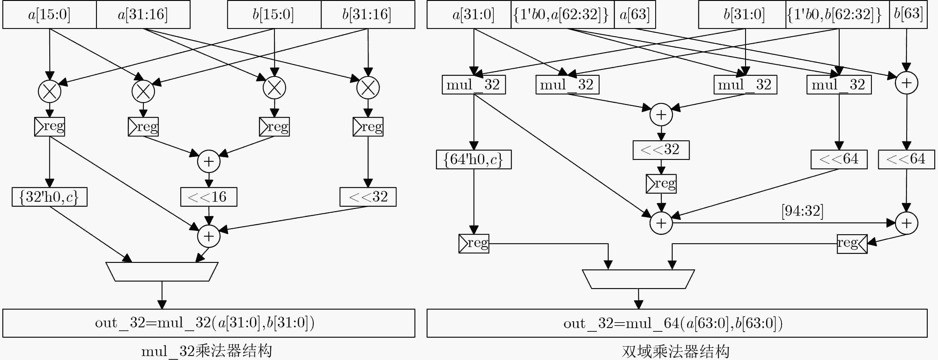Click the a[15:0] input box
50,14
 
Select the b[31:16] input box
368,14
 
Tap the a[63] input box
635,14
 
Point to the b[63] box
908,14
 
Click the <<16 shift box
209,197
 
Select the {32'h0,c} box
50,197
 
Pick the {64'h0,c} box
474,159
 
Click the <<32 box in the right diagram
661,150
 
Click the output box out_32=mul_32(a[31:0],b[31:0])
209,323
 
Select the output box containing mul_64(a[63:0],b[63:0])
677,323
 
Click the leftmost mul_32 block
474,85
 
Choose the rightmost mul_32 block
839,85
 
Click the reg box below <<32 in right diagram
661,184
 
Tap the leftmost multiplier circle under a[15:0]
50,91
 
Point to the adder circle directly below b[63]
906,83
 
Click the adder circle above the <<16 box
209,161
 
